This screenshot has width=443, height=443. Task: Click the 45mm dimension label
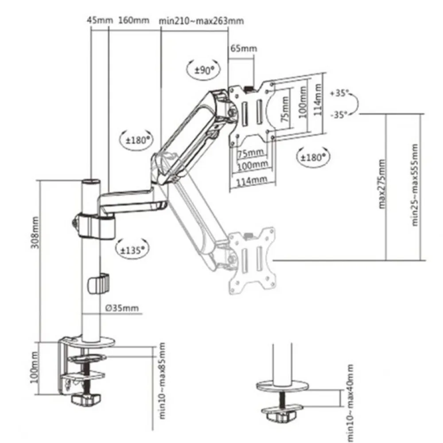tap(99, 20)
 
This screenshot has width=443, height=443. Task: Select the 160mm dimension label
tap(134, 20)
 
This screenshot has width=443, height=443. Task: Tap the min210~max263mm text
tap(201, 21)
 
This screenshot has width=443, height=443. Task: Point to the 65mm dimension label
tap(244, 48)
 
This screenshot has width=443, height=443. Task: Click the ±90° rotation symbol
tap(203, 70)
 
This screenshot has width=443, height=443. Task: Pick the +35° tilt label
tap(339, 93)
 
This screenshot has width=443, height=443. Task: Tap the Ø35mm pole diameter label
tap(122, 308)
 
